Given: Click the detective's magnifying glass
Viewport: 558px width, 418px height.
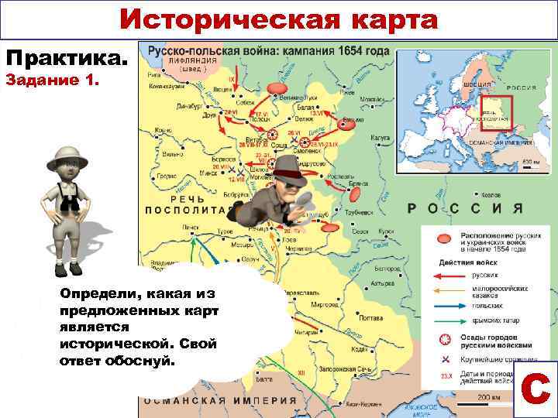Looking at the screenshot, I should click(304, 199).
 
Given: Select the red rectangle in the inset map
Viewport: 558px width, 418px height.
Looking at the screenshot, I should click(497, 113).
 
